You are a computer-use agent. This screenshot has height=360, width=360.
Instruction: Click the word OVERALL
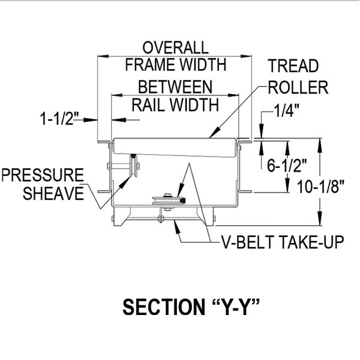coord(175,48)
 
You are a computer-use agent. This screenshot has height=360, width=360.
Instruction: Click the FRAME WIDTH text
coord(175,64)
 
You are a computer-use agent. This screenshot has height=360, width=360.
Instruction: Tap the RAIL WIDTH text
coord(175,104)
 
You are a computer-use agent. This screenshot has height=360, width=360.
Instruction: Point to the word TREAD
coord(293,67)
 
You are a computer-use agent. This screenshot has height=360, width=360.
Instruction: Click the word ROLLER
coord(298,88)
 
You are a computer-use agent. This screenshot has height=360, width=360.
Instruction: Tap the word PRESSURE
coord(41,176)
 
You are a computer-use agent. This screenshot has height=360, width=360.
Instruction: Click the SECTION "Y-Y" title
coord(190,307)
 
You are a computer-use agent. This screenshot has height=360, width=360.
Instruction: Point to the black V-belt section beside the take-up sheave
coord(181,199)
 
